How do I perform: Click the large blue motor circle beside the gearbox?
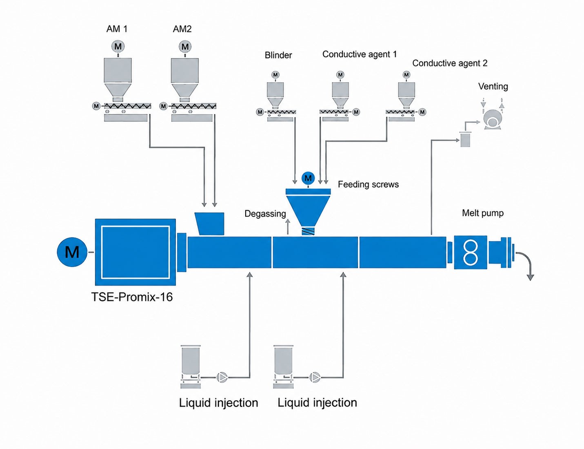click(72, 252)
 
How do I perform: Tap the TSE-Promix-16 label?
click(132, 297)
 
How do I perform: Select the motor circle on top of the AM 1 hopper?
click(118, 47)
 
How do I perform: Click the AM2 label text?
click(182, 29)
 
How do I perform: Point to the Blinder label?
click(278, 55)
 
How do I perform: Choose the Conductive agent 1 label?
click(360, 54)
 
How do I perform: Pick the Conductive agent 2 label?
click(450, 63)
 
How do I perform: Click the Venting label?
click(493, 87)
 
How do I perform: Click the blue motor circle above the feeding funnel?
click(308, 178)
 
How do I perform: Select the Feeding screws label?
click(368, 185)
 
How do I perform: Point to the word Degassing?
click(265, 214)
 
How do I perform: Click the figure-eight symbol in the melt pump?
click(471, 252)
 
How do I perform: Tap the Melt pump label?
click(483, 213)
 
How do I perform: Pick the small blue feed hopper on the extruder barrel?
click(210, 224)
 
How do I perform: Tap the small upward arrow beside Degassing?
click(288, 226)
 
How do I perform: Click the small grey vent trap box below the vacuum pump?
click(465, 139)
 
